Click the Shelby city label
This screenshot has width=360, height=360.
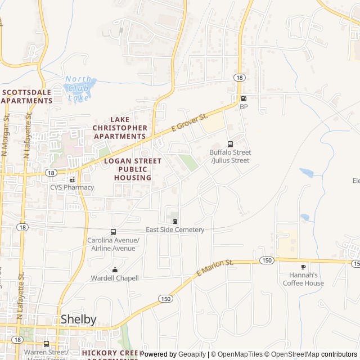click(78, 319)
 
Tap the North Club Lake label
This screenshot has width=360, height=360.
click(79, 88)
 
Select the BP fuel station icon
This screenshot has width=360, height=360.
click(244, 98)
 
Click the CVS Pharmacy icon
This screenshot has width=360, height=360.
click(72, 179)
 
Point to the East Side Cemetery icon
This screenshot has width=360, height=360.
click(175, 221)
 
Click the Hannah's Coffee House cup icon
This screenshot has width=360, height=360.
click(304, 267)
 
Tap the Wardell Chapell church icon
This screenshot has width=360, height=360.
click(115, 269)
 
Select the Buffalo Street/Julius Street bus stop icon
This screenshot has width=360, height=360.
click(230, 144)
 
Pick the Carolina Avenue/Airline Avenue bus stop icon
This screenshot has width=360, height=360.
click(114, 232)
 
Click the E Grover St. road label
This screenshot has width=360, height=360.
click(190, 122)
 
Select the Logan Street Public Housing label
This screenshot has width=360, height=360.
click(133, 169)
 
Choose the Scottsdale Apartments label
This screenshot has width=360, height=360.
click(26, 96)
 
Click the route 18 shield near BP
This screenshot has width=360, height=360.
click(240, 78)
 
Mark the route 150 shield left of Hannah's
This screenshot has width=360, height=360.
click(267, 260)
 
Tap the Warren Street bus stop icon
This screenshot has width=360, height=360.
click(46, 344)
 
